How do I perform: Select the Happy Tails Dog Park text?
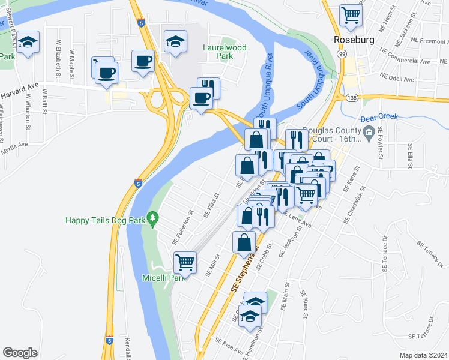coord(106,220)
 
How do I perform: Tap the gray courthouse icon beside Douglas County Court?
coord(369,131)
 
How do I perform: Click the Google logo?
coord(20,353)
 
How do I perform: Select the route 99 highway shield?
coord(341,54)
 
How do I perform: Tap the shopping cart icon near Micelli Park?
coord(185,262)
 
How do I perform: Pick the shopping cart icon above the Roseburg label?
coord(351,15)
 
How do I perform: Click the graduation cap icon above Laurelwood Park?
coord(175,41)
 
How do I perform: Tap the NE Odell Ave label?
coord(397,77)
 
